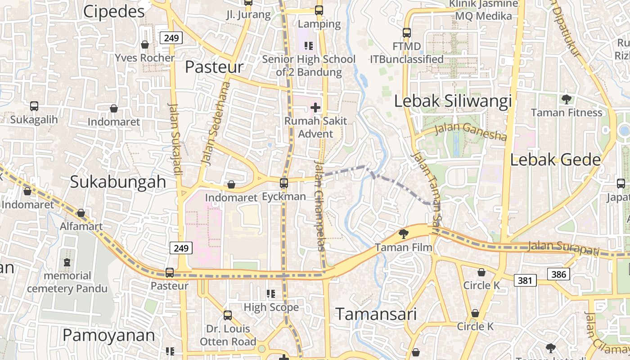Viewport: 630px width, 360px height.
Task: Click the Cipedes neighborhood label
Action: (x=114, y=12)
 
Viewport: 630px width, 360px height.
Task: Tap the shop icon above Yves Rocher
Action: (x=145, y=45)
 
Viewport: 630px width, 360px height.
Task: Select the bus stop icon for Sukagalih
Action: (x=34, y=106)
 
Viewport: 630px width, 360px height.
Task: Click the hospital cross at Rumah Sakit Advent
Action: (x=315, y=108)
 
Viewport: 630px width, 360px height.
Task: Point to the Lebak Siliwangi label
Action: (x=453, y=101)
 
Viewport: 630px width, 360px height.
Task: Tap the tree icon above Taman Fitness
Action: (x=566, y=99)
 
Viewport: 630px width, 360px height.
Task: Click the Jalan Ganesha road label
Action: (x=471, y=131)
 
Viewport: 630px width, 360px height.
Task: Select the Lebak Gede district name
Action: (x=556, y=160)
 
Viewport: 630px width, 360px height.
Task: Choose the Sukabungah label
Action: (x=118, y=182)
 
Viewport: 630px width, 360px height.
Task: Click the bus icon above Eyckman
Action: (x=284, y=183)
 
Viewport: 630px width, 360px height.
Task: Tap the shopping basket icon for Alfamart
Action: (x=81, y=213)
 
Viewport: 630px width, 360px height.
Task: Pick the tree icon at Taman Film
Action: (x=404, y=234)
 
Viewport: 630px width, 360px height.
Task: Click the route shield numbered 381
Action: (x=525, y=281)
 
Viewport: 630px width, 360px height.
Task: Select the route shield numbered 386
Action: (x=558, y=274)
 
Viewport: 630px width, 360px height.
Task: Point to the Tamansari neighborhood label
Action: (x=376, y=314)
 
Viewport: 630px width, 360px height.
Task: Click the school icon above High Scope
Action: (x=271, y=294)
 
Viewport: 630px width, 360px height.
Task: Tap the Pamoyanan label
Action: (x=108, y=335)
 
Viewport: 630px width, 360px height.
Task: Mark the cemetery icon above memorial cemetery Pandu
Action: (x=67, y=262)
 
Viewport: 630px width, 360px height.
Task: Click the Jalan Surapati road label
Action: (x=563, y=247)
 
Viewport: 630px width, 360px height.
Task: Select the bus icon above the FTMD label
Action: (x=407, y=33)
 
